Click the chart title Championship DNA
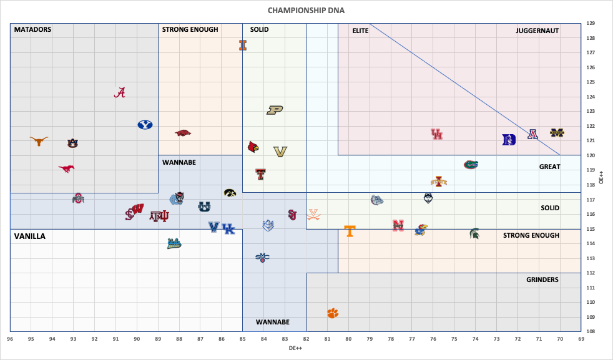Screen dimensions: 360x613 point(306,10)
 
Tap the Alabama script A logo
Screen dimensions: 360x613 point(120,92)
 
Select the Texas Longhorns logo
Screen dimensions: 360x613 point(39,141)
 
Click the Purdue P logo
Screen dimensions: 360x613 point(275,110)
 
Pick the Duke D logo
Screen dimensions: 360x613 point(509,140)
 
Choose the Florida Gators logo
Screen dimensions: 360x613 point(471,165)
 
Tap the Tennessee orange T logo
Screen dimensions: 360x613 point(350,231)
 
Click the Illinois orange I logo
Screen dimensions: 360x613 point(243,45)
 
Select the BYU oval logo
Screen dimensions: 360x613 point(145,125)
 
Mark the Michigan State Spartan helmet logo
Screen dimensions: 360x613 point(475,233)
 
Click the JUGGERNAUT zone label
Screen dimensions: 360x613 point(537,31)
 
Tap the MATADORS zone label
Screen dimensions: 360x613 point(32,29)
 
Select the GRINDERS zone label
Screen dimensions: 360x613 point(542,280)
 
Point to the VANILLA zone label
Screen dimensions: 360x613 point(30,236)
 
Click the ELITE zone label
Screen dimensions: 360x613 point(360,31)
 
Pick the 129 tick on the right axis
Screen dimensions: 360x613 point(590,24)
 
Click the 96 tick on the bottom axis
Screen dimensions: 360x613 point(11,339)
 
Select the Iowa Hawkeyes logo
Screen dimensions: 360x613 point(230,193)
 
